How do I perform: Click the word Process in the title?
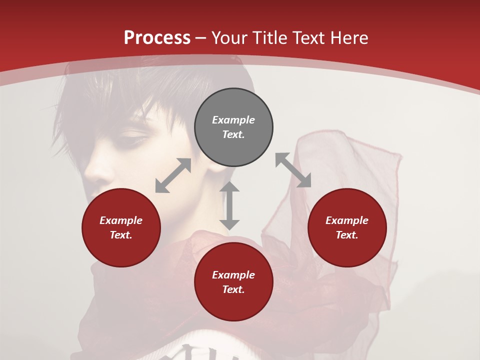tap(157, 38)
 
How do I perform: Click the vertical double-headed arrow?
tap(229, 205)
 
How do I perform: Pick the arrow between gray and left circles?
tap(173, 175)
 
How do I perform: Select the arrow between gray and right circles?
tap(293, 170)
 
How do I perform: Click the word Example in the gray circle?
tap(233, 120)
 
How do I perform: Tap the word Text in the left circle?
tap(120, 235)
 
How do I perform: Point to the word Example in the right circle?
tap(347, 220)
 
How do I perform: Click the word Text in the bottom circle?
tap(233, 289)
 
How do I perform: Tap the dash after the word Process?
tap(200, 38)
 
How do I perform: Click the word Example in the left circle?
tap(121, 220)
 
